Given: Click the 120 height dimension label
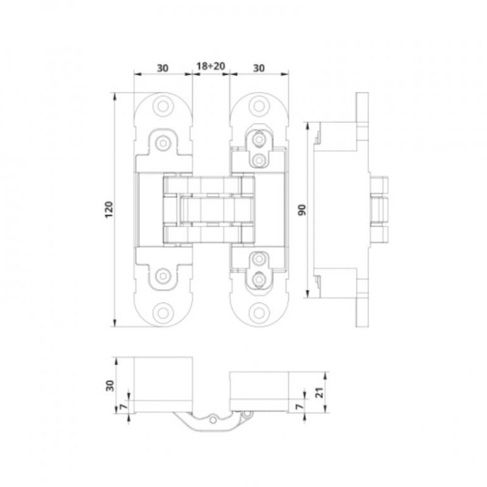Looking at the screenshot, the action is (x=108, y=209).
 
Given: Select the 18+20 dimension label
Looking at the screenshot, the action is (x=211, y=66).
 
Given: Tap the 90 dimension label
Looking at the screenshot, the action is (x=302, y=210).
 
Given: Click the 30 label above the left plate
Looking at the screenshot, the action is (x=163, y=68).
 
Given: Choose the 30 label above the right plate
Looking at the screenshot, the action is (x=258, y=68).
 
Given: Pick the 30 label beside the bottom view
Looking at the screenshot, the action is (x=110, y=385).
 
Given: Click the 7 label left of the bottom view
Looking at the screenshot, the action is (x=124, y=406).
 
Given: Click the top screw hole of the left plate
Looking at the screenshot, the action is (x=163, y=106).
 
